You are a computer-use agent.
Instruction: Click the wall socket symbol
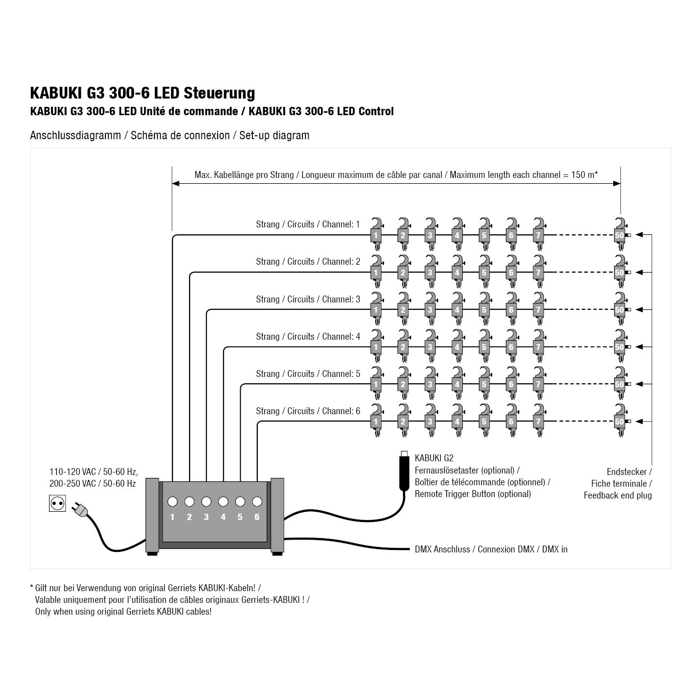pyautogui.click(x=57, y=503)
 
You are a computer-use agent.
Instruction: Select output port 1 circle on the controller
pyautogui.click(x=173, y=501)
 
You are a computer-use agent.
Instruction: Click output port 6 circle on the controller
pyautogui.click(x=257, y=501)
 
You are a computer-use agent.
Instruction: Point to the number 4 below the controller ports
pyautogui.click(x=223, y=517)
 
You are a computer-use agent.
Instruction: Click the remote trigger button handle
pyautogui.click(x=404, y=473)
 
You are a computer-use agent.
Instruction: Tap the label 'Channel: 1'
pyautogui.click(x=341, y=224)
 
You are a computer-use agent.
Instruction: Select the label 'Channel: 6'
pyautogui.click(x=341, y=411)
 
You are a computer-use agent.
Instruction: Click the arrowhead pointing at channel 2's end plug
pyautogui.click(x=639, y=272)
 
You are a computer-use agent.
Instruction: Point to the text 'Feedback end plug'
pyautogui.click(x=618, y=495)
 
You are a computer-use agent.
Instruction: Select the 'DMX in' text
pyautogui.click(x=554, y=549)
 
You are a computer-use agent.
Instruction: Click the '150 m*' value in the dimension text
pyautogui.click(x=584, y=175)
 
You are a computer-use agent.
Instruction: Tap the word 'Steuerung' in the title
pyautogui.click(x=219, y=93)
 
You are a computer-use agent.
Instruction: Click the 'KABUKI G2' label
pyautogui.click(x=434, y=458)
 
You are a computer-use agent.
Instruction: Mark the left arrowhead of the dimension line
pyautogui.click(x=175, y=184)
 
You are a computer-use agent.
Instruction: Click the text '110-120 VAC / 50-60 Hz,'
pyautogui.click(x=94, y=472)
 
